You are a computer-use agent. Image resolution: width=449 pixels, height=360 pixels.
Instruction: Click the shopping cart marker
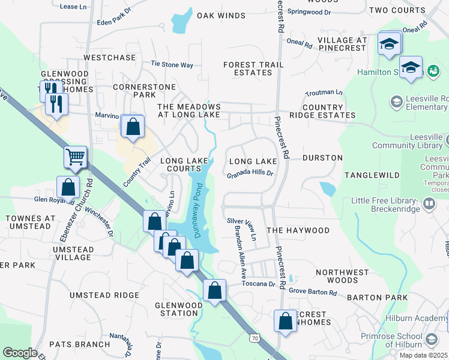tap(76, 157)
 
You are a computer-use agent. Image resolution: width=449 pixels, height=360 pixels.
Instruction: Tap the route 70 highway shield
tap(255, 339)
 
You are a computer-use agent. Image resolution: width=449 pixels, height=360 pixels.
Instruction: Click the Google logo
tap(20, 353)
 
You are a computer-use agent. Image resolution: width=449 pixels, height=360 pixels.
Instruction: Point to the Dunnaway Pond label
tap(196, 211)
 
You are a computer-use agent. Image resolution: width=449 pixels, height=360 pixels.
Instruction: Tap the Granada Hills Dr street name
tap(250, 174)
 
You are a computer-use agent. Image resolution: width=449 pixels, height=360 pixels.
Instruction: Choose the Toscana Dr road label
tap(259, 284)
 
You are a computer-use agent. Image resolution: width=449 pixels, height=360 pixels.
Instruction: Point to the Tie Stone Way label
tap(172, 64)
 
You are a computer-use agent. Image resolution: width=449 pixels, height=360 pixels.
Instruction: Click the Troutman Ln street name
tap(324, 93)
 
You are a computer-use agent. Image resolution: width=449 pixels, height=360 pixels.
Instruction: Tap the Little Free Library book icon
tap(429, 205)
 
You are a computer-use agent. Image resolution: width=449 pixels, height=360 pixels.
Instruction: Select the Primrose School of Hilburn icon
tap(430, 340)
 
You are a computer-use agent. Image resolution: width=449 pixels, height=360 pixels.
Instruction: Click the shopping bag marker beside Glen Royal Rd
tap(68, 187)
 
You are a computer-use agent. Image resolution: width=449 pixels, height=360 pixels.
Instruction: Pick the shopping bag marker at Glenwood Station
tap(214, 291)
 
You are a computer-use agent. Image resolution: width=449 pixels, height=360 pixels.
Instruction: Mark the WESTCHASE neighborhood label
tap(110, 58)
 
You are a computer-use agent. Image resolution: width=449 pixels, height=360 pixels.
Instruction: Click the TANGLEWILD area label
tap(372, 175)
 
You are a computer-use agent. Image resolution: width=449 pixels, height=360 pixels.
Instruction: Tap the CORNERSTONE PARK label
tap(136, 90)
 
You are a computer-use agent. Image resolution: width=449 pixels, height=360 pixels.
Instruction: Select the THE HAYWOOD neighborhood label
tap(298, 230)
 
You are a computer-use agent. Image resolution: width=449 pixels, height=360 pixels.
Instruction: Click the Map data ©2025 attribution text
tap(423, 355)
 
